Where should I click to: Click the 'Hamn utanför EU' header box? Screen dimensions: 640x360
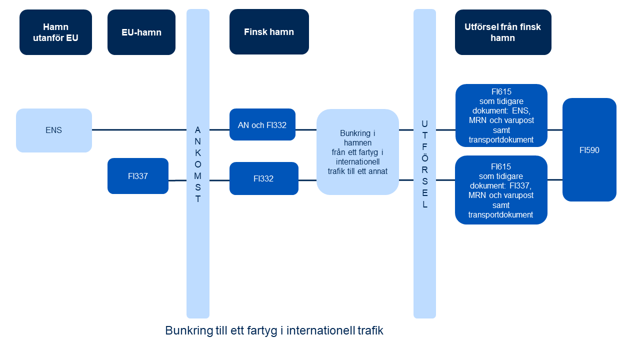coord(55,32)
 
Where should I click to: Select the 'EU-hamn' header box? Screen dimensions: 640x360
coord(141,32)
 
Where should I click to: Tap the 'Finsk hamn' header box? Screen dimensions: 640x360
coord(269,31)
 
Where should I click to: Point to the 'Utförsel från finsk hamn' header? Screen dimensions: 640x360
coord(503,32)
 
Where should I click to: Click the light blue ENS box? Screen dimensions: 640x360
coord(54,130)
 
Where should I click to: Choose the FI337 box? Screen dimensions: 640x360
coord(138,176)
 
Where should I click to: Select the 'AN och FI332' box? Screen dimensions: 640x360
coord(262,124)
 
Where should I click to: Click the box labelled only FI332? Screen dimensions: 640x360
coord(264,178)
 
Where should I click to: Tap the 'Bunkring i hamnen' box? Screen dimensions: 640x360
coord(357,152)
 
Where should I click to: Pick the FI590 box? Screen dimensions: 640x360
coord(589,149)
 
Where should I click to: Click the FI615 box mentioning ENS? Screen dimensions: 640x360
coord(501,115)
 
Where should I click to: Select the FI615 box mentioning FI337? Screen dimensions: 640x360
coord(501,190)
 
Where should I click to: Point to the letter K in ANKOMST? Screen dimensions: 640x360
coord(198,153)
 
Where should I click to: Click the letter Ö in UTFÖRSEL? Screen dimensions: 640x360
coord(425,157)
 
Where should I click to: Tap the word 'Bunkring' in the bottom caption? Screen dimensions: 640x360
coord(189,331)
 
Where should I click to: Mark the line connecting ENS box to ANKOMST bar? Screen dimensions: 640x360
coord(139,130)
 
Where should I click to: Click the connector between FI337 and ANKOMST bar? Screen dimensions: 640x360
coord(177,180)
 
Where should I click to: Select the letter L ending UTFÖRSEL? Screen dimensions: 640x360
coord(425,204)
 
